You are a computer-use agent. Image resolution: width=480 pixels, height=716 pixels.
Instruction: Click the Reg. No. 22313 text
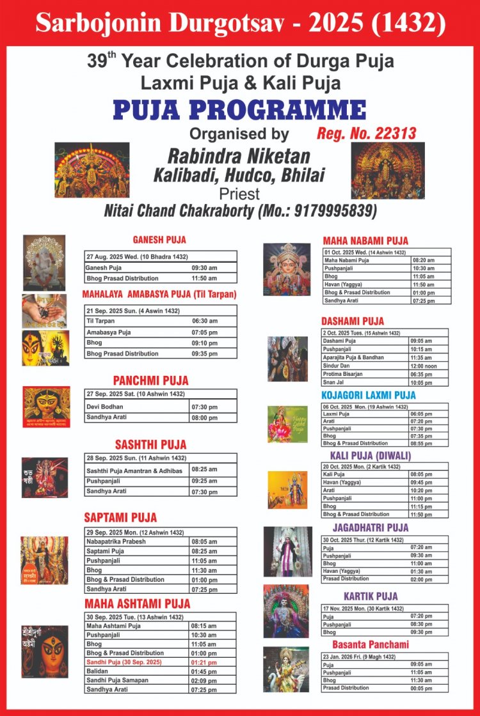click(x=367, y=134)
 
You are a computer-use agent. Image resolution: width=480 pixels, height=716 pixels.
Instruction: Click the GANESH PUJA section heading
click(x=159, y=240)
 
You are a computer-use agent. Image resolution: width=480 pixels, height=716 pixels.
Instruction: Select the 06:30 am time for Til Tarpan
click(x=204, y=321)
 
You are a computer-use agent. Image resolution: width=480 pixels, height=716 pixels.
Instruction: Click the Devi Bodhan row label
click(x=105, y=407)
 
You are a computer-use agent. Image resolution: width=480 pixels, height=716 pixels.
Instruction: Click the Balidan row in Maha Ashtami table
click(x=97, y=671)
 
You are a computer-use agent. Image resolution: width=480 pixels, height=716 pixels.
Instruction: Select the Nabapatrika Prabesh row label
click(x=116, y=541)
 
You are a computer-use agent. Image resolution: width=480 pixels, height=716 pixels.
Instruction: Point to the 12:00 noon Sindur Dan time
click(x=424, y=366)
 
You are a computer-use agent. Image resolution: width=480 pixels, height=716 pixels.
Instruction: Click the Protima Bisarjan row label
click(x=343, y=374)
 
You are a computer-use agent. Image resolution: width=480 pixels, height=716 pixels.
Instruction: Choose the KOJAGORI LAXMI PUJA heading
click(x=368, y=396)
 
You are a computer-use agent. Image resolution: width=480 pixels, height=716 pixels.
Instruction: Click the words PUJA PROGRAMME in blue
click(x=239, y=110)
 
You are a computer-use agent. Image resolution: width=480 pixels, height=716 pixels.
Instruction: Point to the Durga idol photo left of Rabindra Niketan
click(x=83, y=170)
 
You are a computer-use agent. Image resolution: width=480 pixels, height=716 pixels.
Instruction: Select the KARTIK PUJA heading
click(x=371, y=596)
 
